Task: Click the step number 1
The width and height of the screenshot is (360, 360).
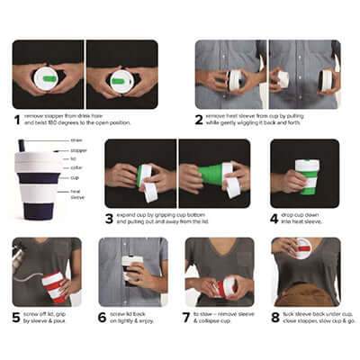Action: click(17, 118)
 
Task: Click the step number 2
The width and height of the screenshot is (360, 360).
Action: click(199, 118)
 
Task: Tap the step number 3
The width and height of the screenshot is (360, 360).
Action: click(109, 218)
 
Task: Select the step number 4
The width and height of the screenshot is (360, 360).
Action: click(274, 218)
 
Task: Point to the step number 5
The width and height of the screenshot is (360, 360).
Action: click(17, 317)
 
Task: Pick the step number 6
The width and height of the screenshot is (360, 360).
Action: click(103, 317)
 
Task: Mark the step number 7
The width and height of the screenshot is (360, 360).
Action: click(188, 317)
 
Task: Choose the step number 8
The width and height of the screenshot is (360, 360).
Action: click(274, 317)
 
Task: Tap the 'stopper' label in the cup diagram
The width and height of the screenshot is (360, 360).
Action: click(78, 148)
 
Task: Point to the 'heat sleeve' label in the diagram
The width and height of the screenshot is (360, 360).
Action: click(76, 191)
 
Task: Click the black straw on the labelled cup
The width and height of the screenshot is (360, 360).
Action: click(22, 147)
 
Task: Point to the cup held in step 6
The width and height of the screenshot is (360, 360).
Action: click(130, 269)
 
